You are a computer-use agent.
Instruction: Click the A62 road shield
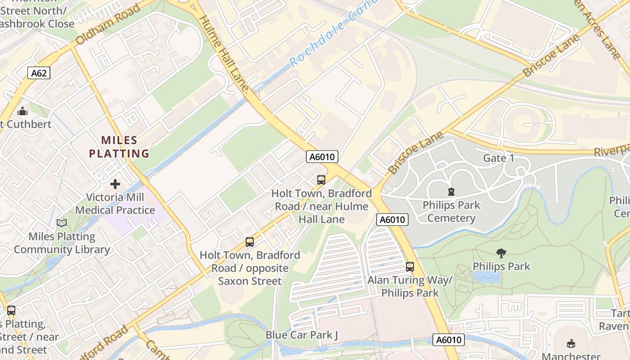point(39,73)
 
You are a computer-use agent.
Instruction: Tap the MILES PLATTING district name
point(119,147)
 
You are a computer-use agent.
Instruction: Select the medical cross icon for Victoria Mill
point(115,184)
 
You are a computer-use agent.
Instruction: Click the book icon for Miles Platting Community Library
point(62,223)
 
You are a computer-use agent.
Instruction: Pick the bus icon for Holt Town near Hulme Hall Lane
point(321,180)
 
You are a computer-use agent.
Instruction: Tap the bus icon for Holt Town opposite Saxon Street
point(250,242)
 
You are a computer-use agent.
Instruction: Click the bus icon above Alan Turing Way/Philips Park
point(409,266)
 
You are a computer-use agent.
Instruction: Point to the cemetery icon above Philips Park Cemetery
point(451,192)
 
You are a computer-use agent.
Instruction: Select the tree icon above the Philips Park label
point(501,253)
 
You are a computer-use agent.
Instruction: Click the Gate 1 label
point(499,158)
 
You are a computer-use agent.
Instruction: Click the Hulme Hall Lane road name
point(223,54)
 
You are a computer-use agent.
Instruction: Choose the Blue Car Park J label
point(301,335)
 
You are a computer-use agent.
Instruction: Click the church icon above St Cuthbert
point(22,111)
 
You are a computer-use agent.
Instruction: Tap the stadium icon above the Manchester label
point(571,343)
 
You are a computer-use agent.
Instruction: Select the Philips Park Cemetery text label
point(451,211)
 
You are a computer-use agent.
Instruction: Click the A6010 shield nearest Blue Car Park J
point(449,340)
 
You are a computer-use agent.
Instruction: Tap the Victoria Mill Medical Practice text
point(115,203)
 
